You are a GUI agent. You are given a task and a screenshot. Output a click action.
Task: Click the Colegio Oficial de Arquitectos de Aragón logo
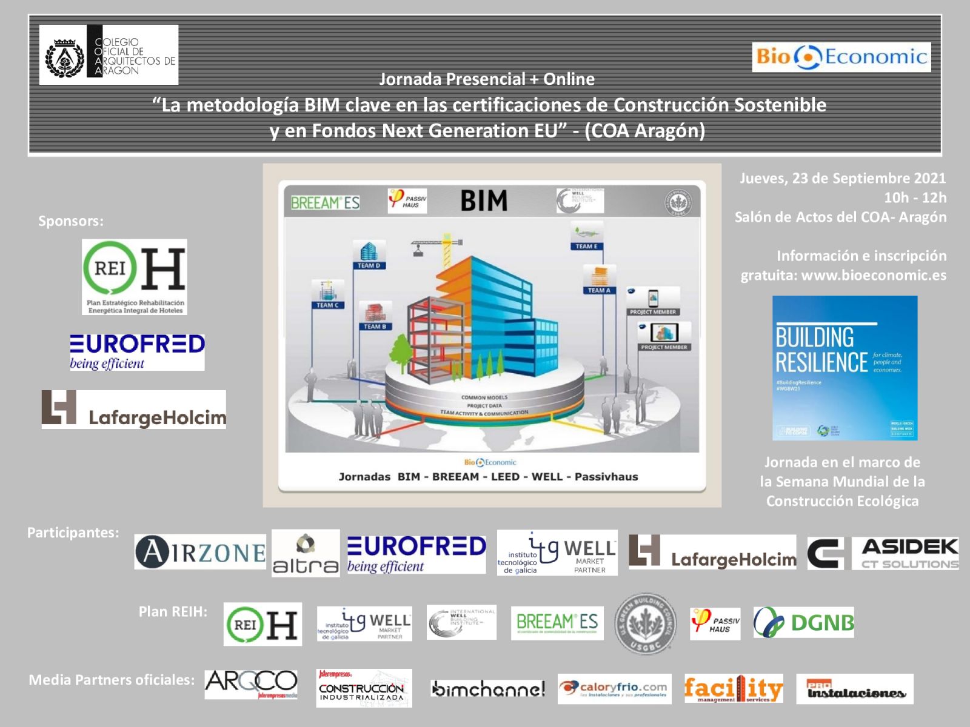click(109, 55)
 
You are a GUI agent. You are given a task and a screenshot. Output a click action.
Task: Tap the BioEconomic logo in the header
click(841, 57)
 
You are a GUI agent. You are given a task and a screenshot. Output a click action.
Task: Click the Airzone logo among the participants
click(199, 552)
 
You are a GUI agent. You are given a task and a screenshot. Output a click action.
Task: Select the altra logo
click(306, 553)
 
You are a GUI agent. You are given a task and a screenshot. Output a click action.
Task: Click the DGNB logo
click(803, 622)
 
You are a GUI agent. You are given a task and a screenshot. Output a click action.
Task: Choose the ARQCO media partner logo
click(251, 685)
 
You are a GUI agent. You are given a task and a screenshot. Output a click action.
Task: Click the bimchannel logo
click(488, 689)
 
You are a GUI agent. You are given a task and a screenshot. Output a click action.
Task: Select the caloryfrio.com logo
click(614, 689)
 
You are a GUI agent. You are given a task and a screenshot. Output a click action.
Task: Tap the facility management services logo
click(734, 689)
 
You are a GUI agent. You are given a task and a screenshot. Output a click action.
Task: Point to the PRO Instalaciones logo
click(855, 689)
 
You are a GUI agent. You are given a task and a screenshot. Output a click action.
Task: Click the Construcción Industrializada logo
click(364, 688)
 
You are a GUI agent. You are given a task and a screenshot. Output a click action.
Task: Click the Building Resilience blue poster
click(845, 368)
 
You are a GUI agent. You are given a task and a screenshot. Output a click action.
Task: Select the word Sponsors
click(71, 221)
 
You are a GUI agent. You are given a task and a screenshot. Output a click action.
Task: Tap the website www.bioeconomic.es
click(874, 275)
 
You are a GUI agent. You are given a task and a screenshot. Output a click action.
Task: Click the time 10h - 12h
click(915, 198)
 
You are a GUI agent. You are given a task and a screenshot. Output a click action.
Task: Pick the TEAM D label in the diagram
click(369, 265)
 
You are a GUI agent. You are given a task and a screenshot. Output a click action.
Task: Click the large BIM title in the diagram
click(483, 201)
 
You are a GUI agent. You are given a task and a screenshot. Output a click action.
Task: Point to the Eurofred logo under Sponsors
click(137, 352)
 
